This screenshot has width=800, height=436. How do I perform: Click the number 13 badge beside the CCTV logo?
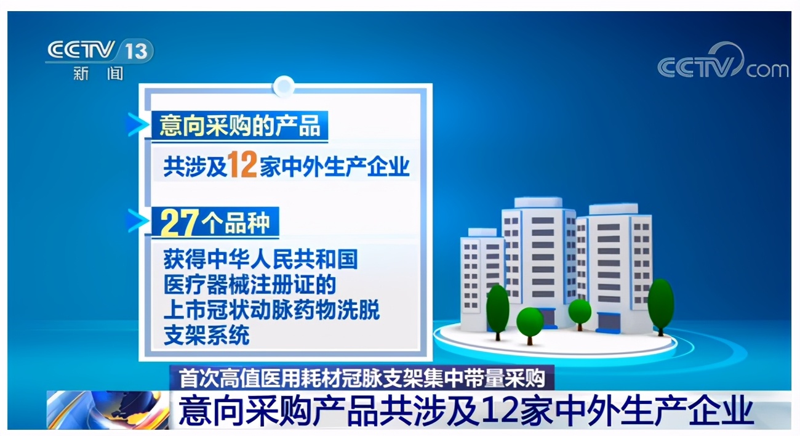coord(136,50)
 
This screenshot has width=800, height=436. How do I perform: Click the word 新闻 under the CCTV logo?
coord(98,74)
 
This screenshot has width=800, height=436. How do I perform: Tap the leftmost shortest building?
coord(481,271)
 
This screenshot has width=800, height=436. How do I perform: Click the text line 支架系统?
coord(206,336)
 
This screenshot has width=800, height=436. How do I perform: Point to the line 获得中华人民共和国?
coord(260,259)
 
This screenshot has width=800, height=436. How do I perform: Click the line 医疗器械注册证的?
coord(250,285)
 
